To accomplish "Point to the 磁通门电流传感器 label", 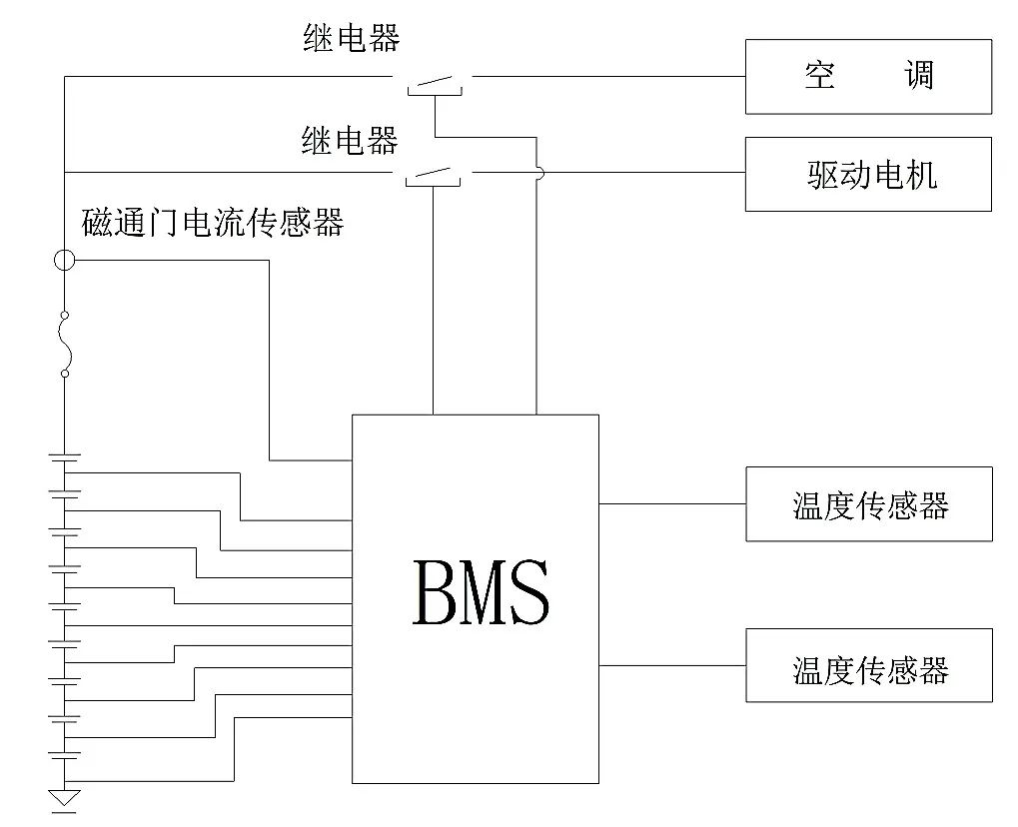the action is [213, 222].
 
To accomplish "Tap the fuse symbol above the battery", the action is [64, 344].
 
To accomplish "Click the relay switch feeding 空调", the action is [435, 84].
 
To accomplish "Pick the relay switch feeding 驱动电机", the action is [433, 176].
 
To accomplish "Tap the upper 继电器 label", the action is [352, 37].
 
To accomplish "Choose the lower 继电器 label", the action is [350, 140].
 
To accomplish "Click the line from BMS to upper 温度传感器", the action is [672, 503].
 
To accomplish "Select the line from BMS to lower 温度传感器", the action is [672, 665].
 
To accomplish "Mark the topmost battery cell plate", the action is [64, 455].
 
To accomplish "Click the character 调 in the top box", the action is [919, 75].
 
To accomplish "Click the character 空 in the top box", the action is [819, 75].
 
